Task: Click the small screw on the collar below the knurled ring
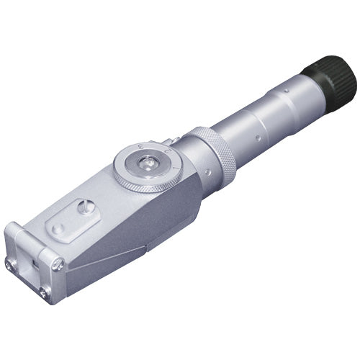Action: (207, 172)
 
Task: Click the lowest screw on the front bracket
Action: (45, 292)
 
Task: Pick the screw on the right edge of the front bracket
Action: (58, 264)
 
